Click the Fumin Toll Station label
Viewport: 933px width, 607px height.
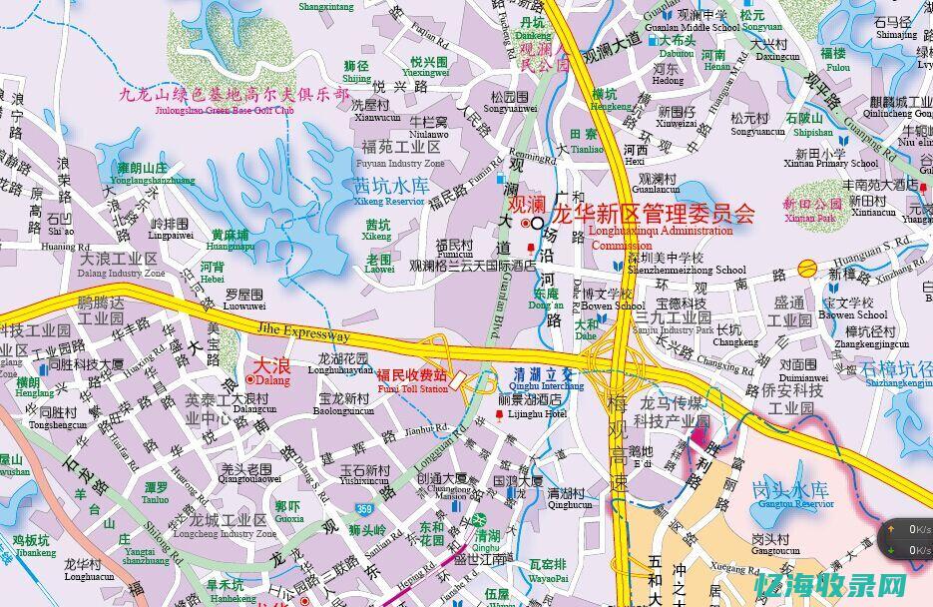[412, 381]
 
